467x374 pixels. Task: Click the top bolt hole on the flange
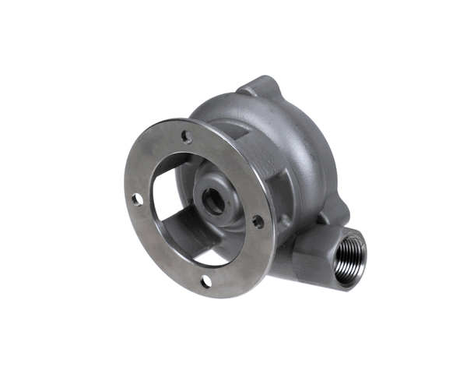click(x=187, y=137)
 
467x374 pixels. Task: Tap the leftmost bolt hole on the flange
click(x=137, y=199)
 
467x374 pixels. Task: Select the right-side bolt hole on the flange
click(x=258, y=221)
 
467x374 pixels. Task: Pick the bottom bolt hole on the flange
click(x=206, y=280)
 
